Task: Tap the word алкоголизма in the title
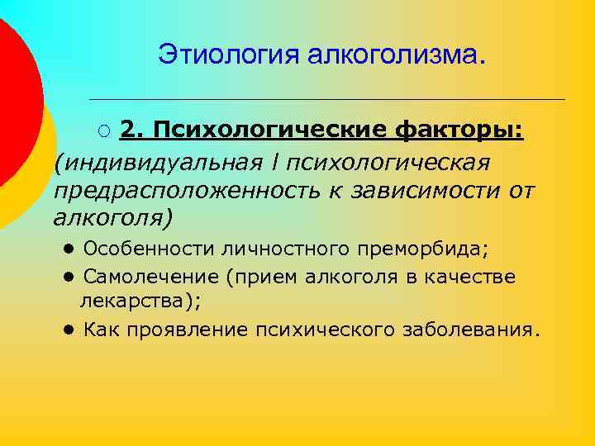397,55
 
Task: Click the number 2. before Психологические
132,130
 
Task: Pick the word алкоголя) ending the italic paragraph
113,220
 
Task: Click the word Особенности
141,249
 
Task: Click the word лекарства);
140,301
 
